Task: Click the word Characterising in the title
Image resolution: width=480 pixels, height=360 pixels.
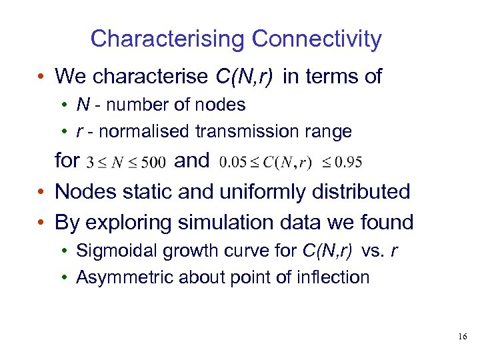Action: click(167, 39)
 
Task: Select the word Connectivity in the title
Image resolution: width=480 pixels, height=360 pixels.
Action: click(317, 39)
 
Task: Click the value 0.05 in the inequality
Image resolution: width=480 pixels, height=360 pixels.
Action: click(231, 161)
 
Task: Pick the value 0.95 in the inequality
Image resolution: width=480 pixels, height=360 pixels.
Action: click(349, 161)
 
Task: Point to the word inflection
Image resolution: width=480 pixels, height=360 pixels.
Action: click(335, 277)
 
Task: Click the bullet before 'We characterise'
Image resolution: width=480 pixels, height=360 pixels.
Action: click(41, 77)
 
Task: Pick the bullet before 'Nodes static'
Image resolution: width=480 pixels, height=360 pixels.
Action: click(41, 193)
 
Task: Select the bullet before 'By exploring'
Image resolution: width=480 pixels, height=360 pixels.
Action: click(41, 223)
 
